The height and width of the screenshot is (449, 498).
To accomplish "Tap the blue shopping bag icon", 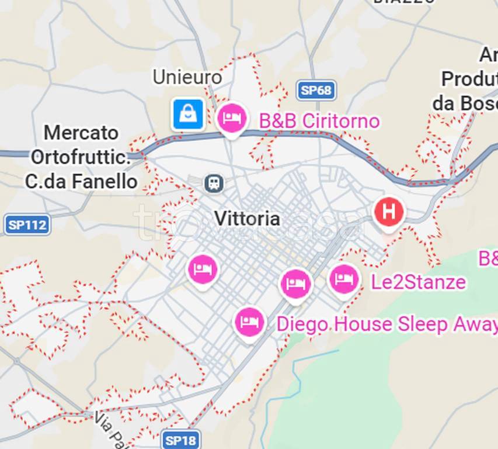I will [x=188, y=114].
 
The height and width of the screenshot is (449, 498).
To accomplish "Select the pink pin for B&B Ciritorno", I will [x=232, y=119].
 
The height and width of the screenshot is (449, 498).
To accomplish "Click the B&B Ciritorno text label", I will [x=319, y=122].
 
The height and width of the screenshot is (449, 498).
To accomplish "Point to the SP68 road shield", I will [x=316, y=90].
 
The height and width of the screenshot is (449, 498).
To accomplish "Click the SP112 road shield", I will [x=27, y=224].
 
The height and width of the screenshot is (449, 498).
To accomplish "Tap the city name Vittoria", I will [x=247, y=219].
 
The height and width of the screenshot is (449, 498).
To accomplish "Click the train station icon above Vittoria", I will [x=214, y=184].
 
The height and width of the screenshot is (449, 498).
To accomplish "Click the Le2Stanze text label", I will [x=419, y=282].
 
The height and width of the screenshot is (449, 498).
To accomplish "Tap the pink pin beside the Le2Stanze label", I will [x=344, y=279].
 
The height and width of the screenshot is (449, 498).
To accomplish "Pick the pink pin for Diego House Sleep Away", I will [x=250, y=323].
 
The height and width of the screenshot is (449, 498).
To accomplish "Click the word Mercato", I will [x=81, y=133].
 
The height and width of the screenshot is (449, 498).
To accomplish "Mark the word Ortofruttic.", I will [x=80, y=157].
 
